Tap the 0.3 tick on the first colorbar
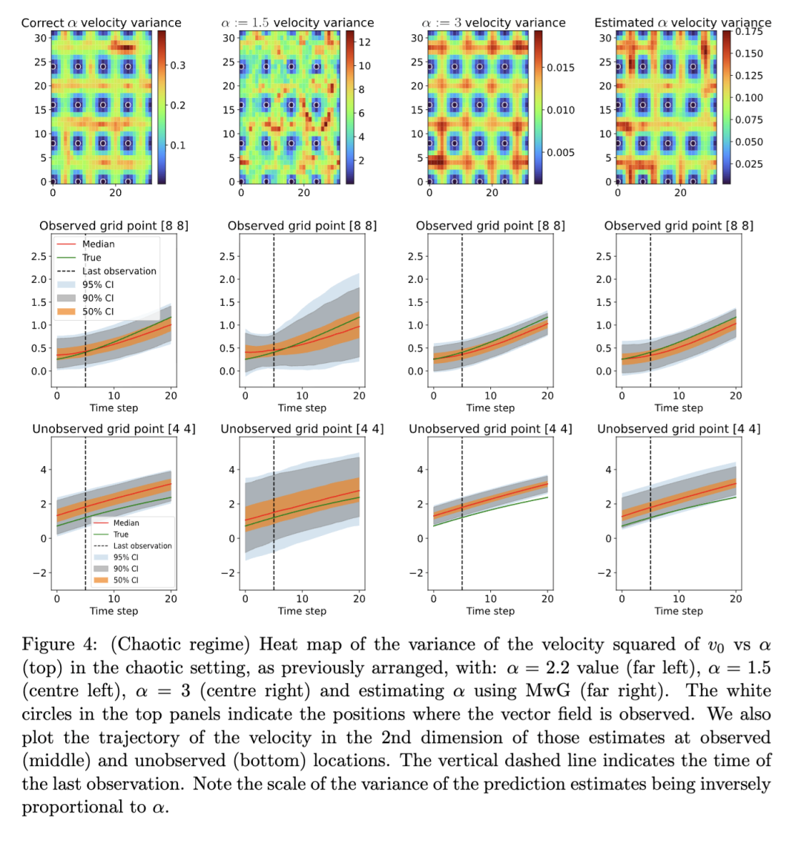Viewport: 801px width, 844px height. point(178,66)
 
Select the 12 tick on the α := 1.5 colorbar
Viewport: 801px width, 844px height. point(364,42)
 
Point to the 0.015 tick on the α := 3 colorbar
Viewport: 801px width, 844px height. point(561,68)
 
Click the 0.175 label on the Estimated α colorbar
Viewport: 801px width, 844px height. point(749,33)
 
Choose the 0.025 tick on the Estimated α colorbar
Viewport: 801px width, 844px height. point(749,164)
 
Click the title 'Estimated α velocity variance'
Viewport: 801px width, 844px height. point(682,23)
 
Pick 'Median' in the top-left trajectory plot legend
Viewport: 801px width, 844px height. point(98,244)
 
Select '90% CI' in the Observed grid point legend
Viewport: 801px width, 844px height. point(98,298)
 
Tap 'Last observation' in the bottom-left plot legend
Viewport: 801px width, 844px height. point(142,546)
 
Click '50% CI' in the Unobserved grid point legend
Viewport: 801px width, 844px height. point(125,580)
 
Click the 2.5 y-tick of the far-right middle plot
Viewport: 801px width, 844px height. point(606,256)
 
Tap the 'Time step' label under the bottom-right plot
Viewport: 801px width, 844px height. point(679,611)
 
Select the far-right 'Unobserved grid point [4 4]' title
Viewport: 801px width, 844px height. point(679,429)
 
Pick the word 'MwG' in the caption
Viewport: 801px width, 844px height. point(548,690)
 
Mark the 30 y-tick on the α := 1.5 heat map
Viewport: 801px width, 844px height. point(229,38)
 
